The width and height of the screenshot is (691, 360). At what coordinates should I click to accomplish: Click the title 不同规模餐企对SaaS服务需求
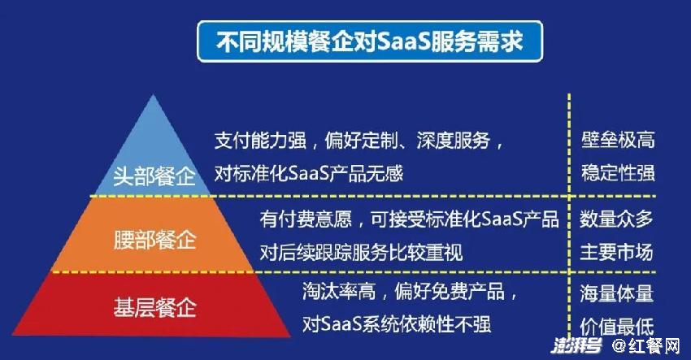coord(369,42)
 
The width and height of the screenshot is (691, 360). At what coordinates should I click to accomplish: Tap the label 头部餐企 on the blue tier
coord(154,176)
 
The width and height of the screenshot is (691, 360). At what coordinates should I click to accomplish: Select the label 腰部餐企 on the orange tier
coord(154,241)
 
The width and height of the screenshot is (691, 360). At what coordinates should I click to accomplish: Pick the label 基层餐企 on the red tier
coord(154,307)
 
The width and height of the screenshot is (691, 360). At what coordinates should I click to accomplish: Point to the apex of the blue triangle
coord(153,95)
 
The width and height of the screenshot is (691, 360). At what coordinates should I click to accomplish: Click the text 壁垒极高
coord(618,140)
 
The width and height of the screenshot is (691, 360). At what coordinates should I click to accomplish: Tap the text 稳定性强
coord(618,173)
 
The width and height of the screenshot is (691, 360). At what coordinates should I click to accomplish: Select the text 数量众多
coord(616,219)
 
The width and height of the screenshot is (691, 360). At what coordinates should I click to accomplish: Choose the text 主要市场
coord(616,252)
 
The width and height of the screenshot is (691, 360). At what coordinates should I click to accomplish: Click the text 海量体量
coord(616,293)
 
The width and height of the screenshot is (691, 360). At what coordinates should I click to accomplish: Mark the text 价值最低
coord(616,327)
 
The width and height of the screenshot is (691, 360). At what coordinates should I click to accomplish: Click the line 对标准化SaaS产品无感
coord(308,173)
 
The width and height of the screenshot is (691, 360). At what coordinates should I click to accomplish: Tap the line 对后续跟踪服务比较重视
coord(361,253)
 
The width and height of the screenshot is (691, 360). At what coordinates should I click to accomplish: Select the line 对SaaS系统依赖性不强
coord(396,324)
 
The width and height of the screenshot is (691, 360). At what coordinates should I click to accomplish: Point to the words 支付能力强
coord(260,141)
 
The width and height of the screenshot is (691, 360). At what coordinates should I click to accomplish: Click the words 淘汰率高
coord(339,291)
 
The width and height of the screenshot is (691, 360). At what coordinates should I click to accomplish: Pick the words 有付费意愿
coord(306,219)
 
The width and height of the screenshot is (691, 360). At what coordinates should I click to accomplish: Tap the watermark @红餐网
coord(646,346)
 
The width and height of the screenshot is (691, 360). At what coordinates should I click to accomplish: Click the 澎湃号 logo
coord(576,346)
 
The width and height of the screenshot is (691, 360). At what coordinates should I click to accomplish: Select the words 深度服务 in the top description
coord(453,141)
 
